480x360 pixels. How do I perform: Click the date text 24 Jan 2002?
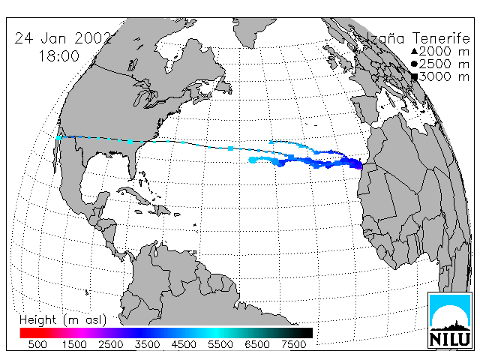click(x=63, y=38)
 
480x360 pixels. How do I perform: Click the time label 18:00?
click(x=58, y=56)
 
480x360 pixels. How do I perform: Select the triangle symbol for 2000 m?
click(x=414, y=51)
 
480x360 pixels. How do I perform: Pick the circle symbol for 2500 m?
click(x=414, y=64)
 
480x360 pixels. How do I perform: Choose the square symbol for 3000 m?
click(x=414, y=76)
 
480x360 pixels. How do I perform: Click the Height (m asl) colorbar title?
click(x=63, y=320)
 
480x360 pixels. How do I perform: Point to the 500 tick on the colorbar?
click(x=37, y=344)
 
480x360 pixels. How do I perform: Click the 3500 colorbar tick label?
click(x=147, y=344)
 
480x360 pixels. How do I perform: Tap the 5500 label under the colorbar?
click(x=220, y=344)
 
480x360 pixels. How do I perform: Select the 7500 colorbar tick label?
click(x=293, y=344)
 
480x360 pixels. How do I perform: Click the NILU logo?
click(x=450, y=320)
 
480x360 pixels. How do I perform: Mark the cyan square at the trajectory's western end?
click(x=58, y=138)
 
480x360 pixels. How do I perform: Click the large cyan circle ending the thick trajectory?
click(x=253, y=160)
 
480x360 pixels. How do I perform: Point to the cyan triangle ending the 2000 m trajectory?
click(x=271, y=142)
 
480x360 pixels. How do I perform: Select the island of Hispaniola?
click(x=161, y=210)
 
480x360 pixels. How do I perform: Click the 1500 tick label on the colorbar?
click(x=74, y=344)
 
